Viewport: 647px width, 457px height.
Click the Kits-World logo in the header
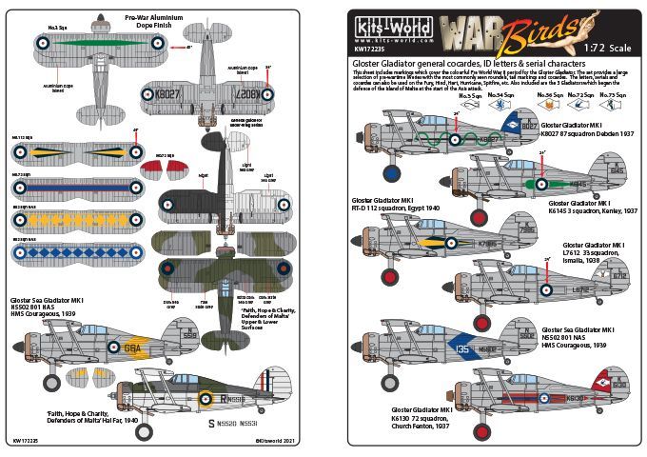(x=391, y=28)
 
